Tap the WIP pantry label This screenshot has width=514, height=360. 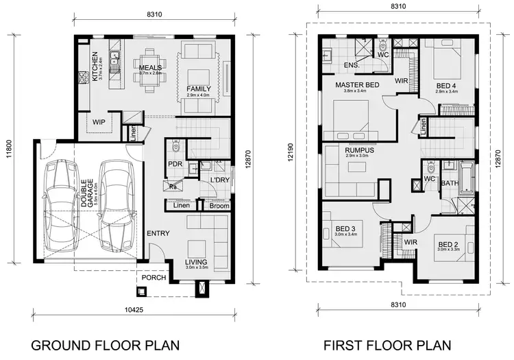tap(98, 121)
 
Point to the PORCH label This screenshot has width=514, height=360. tap(151, 278)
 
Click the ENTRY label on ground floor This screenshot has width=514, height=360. tap(158, 234)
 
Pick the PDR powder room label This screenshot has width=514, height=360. tap(174, 164)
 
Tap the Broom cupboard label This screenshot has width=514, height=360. tap(219, 205)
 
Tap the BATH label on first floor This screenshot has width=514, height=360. tap(449, 184)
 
